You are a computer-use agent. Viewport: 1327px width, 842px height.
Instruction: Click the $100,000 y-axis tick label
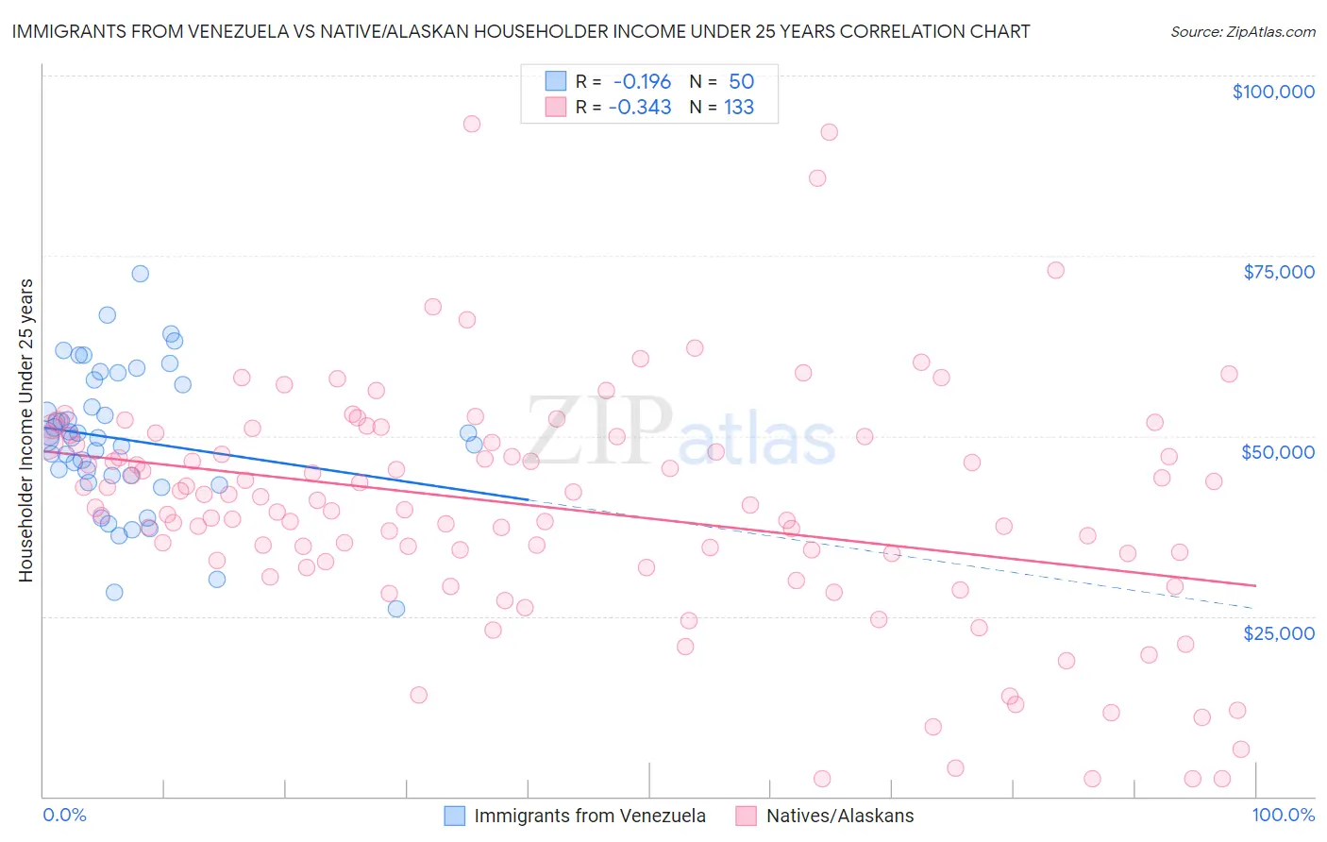click(1273, 92)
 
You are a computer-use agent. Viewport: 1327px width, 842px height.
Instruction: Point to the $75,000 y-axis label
click(1279, 272)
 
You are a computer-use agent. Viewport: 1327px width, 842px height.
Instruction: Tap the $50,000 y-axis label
click(1278, 452)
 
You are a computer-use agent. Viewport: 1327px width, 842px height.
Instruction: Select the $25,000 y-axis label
click(1279, 632)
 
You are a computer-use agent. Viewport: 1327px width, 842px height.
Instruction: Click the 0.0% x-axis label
click(64, 815)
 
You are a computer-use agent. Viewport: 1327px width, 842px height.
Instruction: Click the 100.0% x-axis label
click(1284, 815)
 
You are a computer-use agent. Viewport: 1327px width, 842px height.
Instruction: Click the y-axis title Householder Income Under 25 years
click(25, 429)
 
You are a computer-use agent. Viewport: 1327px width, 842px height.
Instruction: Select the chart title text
click(521, 31)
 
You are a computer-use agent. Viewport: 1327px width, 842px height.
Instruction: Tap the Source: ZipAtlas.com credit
click(1243, 32)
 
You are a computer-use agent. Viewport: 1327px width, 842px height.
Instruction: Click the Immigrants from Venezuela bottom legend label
click(590, 816)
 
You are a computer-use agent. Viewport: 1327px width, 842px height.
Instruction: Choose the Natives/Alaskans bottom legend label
click(840, 816)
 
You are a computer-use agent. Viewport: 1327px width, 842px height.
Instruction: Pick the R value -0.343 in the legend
click(640, 108)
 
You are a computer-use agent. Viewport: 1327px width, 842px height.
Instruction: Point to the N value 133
click(739, 108)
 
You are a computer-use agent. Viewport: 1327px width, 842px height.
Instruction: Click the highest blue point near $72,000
click(140, 274)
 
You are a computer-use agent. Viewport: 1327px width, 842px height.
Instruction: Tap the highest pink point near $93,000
click(472, 124)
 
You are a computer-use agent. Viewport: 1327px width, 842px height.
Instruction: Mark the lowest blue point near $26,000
click(396, 609)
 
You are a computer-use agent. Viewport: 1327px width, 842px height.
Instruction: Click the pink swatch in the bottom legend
click(747, 816)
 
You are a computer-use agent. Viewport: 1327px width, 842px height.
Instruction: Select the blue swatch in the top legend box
click(556, 82)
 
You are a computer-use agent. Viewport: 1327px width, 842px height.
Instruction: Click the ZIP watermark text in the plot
click(600, 431)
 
